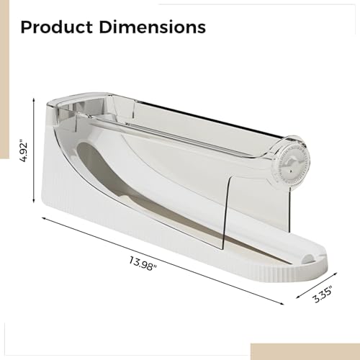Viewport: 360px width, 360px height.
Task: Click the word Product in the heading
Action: [x=55, y=28]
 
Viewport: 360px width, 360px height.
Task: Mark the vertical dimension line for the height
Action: [x=34, y=151]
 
